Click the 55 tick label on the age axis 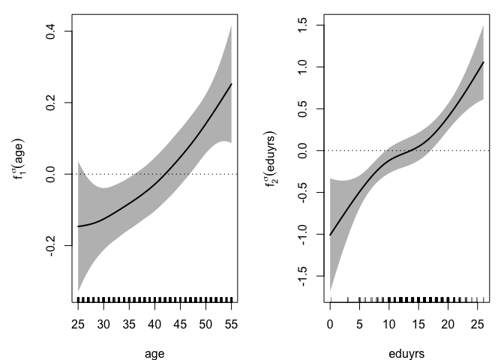coord(231,325)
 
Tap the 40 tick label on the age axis coord(154,325)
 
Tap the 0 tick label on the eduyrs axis coord(331,325)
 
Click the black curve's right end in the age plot coord(232,84)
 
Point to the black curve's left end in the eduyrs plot coord(331,235)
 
